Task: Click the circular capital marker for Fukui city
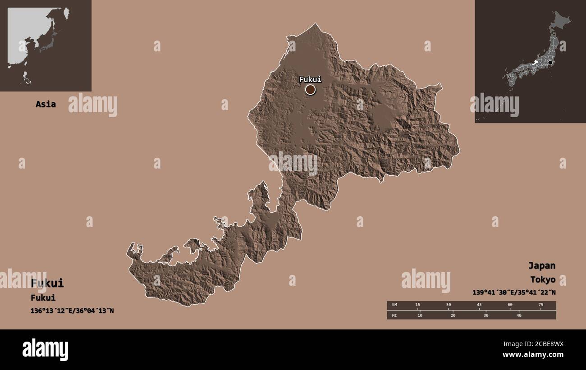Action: [310, 90]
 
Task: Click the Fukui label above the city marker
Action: [310, 79]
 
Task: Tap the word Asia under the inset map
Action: [46, 104]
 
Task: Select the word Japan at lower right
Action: [542, 265]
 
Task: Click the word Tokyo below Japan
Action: [542, 280]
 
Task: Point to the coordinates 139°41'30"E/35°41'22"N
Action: [514, 292]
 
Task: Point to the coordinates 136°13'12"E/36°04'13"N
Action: [72, 311]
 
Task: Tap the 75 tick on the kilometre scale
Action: [541, 305]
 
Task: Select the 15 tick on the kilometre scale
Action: [417, 305]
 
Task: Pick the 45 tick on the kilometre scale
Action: [479, 305]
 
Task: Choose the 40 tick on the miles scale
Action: [518, 315]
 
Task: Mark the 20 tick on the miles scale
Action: [453, 315]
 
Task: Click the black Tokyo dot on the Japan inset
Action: [550, 63]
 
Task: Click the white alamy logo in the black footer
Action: [45, 350]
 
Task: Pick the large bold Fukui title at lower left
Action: [47, 283]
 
